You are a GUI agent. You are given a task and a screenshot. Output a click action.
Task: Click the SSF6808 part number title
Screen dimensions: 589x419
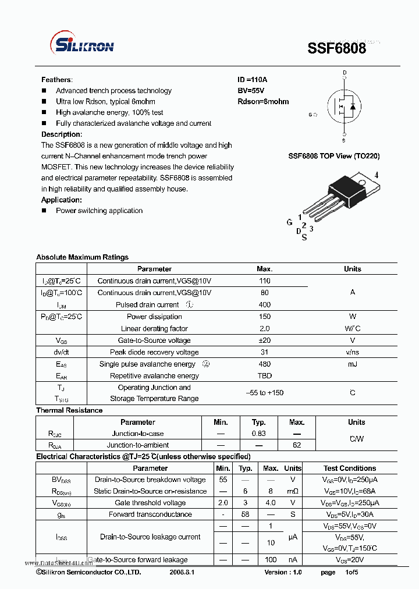(337, 48)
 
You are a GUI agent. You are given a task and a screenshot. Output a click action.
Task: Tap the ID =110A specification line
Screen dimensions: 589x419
(252, 80)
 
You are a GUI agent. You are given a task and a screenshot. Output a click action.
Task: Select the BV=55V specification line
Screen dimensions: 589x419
(251, 91)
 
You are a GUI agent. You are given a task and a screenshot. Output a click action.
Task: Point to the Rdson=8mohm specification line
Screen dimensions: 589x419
(263, 101)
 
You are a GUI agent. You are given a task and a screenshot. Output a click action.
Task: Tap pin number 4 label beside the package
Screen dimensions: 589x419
(377, 175)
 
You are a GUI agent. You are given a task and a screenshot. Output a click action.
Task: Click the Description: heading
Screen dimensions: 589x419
(61, 134)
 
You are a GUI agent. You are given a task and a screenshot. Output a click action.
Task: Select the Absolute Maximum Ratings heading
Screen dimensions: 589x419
(82, 257)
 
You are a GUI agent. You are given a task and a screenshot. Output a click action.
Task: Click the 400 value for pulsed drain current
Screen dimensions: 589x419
(265, 305)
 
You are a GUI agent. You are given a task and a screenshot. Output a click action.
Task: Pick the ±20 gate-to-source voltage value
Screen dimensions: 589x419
(265, 340)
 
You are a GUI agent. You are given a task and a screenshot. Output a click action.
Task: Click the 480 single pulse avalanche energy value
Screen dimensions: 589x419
(265, 364)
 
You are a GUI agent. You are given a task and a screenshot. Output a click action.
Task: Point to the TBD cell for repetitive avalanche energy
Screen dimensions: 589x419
(265, 376)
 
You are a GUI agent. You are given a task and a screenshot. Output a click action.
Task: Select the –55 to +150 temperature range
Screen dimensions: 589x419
(265, 393)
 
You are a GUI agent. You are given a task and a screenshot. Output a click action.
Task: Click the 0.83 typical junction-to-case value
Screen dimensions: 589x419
(259, 434)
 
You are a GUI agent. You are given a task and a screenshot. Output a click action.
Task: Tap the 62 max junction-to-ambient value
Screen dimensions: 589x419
(297, 445)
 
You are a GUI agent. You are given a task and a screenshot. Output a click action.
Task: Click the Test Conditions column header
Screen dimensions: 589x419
(350, 469)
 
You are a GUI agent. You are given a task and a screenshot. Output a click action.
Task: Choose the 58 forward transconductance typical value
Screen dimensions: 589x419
(246, 515)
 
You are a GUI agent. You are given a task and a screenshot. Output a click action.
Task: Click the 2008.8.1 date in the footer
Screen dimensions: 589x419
(182, 573)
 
